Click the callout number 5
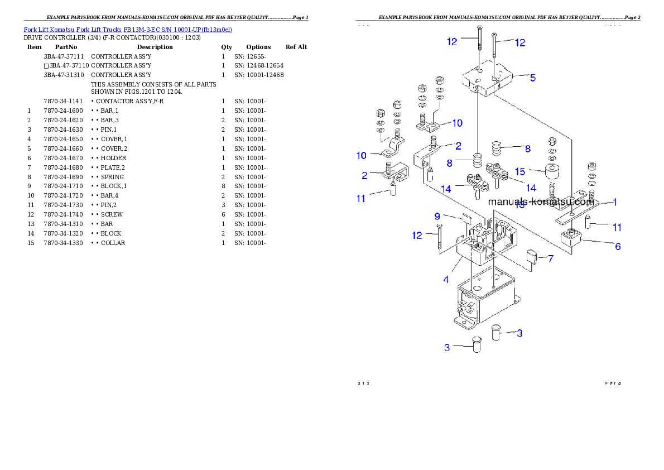tap(532, 78)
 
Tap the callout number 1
tap(615, 202)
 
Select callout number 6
tap(618, 246)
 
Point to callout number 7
tap(551, 259)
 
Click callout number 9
tap(437, 216)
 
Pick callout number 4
tap(446, 280)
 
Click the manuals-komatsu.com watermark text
tap(540, 202)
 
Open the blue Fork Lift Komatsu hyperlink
tap(128, 29)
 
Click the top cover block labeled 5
tap(488, 80)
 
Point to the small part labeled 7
tap(532, 257)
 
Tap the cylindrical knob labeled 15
tap(552, 172)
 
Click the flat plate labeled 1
tap(575, 212)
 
